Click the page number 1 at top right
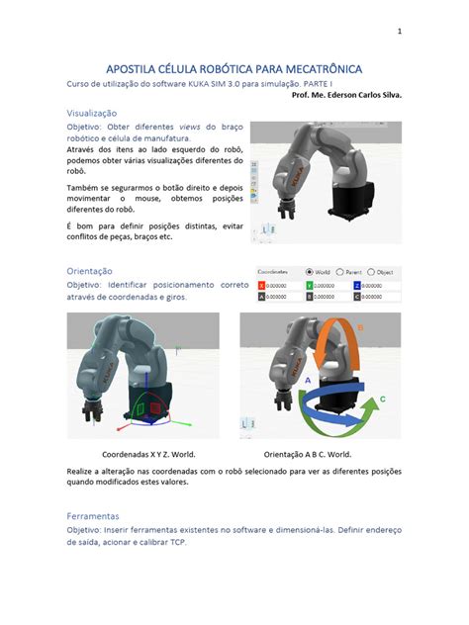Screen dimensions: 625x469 [399, 31]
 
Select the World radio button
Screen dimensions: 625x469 [310, 271]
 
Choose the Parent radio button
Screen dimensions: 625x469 [340, 271]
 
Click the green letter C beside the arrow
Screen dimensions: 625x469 [381, 396]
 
